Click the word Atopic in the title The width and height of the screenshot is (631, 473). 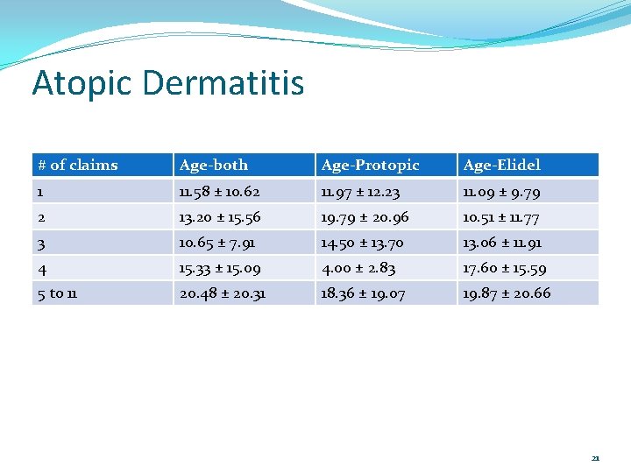pyautogui.click(x=82, y=84)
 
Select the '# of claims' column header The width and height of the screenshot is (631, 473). pyautogui.click(x=77, y=165)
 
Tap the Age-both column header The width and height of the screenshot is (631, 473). pyautogui.click(x=214, y=165)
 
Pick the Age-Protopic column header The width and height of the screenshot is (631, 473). pyautogui.click(x=370, y=165)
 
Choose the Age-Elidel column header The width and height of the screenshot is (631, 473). pyautogui.click(x=501, y=165)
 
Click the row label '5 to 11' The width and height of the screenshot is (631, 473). pyautogui.click(x=57, y=293)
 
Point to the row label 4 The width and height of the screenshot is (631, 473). pyautogui.click(x=42, y=268)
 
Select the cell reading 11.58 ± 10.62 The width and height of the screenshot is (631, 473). pyautogui.click(x=219, y=191)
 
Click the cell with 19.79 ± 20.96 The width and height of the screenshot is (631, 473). pyautogui.click(x=365, y=216)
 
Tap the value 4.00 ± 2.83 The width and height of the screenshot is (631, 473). pyautogui.click(x=358, y=268)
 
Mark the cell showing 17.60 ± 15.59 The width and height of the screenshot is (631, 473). pyautogui.click(x=507, y=268)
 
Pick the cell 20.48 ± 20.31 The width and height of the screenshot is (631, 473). pyautogui.click(x=223, y=293)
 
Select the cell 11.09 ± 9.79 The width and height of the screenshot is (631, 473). pyautogui.click(x=501, y=191)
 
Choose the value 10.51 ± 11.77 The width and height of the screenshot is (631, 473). pyautogui.click(x=503, y=216)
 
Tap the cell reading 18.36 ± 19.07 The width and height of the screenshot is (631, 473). pyautogui.click(x=363, y=293)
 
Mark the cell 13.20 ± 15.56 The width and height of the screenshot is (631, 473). pyautogui.click(x=221, y=216)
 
